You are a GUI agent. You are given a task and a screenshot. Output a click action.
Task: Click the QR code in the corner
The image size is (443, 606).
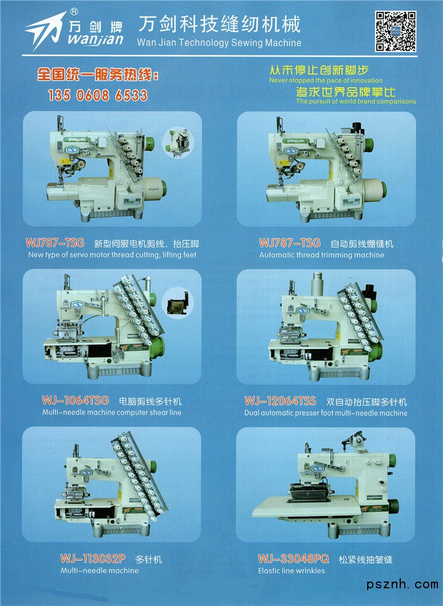[x=396, y=31]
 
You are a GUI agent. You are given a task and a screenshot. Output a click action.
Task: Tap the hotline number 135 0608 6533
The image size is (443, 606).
[x=97, y=95]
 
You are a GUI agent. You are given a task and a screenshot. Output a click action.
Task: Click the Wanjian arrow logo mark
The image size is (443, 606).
[x=45, y=30]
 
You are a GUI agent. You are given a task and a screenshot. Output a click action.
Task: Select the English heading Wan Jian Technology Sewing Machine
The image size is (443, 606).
[x=219, y=43]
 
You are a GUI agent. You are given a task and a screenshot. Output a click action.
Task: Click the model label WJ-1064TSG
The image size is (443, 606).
[x=75, y=400]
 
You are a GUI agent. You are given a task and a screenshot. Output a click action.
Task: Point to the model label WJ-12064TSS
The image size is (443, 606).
[x=280, y=401]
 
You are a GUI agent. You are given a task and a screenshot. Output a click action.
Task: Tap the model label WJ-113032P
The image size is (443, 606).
[x=93, y=559]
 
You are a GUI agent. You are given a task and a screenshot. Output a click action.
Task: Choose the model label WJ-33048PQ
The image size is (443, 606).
[x=293, y=559]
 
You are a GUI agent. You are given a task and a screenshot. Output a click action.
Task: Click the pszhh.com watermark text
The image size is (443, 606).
[x=403, y=584]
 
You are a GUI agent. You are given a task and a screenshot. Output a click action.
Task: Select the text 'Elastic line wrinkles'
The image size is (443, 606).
[x=291, y=571]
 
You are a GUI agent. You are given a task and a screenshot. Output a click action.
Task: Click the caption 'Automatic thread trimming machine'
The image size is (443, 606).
[x=322, y=255]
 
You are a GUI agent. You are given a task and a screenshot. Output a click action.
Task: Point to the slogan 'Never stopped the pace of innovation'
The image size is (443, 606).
[x=326, y=80]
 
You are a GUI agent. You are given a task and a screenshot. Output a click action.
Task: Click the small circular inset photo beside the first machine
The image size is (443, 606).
[x=178, y=143]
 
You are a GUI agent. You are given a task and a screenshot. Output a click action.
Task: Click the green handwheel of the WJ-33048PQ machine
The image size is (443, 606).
[x=394, y=506]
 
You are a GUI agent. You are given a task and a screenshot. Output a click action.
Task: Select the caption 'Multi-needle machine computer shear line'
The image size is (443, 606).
[x=112, y=412]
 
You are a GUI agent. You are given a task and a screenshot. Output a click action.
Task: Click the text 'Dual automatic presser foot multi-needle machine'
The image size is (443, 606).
[x=326, y=413]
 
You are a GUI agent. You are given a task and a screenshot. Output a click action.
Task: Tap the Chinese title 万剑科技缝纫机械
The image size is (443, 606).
[x=220, y=24]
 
